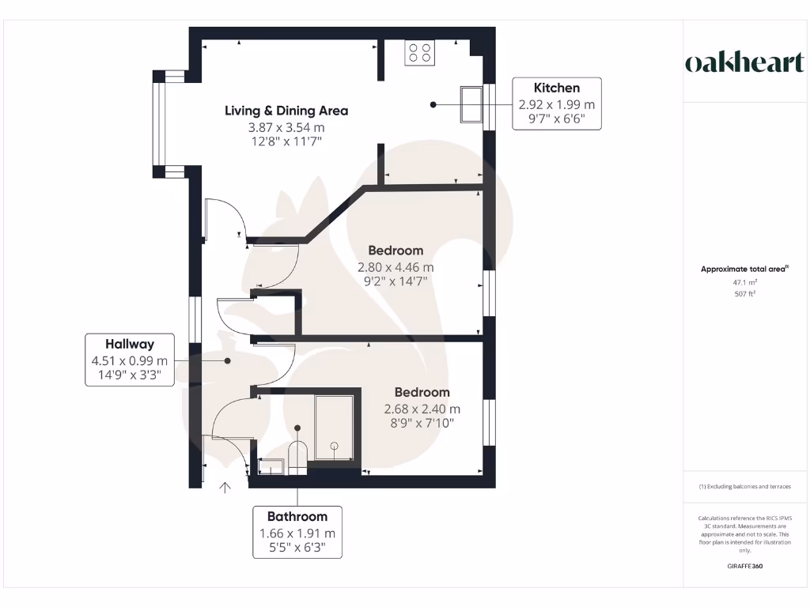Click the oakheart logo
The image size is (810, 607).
[x=744, y=63]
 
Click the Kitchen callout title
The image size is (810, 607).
[x=556, y=88]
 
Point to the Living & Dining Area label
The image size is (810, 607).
[x=286, y=111]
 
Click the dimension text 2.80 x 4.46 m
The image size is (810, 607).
[x=396, y=267]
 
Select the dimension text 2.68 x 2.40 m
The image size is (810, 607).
[x=422, y=409]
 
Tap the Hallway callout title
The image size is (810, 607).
[x=130, y=344]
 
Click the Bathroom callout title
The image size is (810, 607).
[x=297, y=517]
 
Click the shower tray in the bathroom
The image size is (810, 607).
[x=334, y=428]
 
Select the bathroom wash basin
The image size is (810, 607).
[x=270, y=467]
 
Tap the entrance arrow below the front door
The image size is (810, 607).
[x=225, y=488]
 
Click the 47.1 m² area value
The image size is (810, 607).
[x=744, y=281]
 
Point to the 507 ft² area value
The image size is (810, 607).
[x=744, y=293]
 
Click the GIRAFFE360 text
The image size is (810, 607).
[x=744, y=566]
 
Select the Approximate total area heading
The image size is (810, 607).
[x=744, y=269]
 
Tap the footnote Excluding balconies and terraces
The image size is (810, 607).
[x=744, y=487]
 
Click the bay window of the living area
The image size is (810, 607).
[x=161, y=124]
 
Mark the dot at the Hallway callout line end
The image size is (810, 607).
[x=227, y=361]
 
